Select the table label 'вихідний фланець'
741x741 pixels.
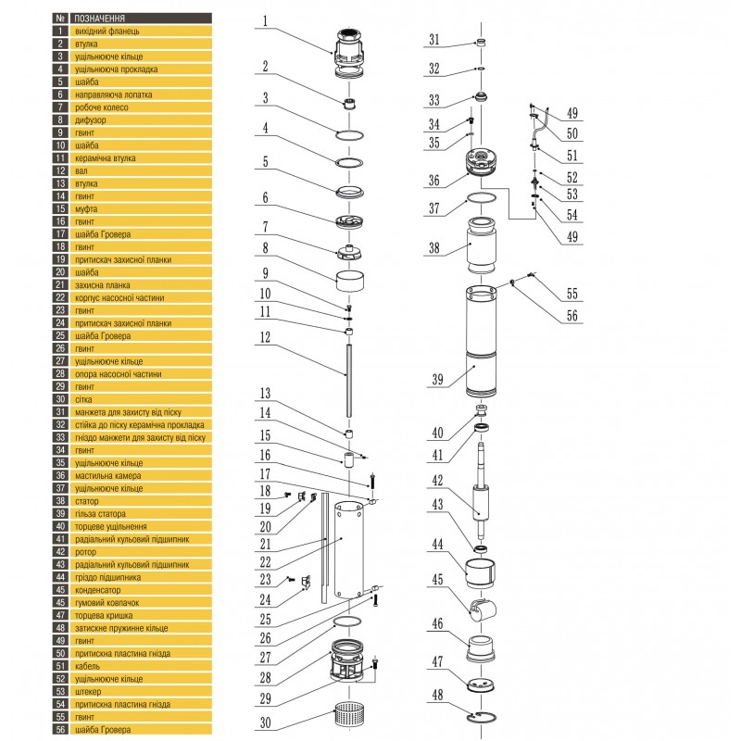click(x=107, y=31)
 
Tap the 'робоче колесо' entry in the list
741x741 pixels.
click(x=101, y=107)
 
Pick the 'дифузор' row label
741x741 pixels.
click(x=90, y=119)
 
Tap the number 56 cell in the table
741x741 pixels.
click(x=60, y=729)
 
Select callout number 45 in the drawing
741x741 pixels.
click(x=436, y=579)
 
